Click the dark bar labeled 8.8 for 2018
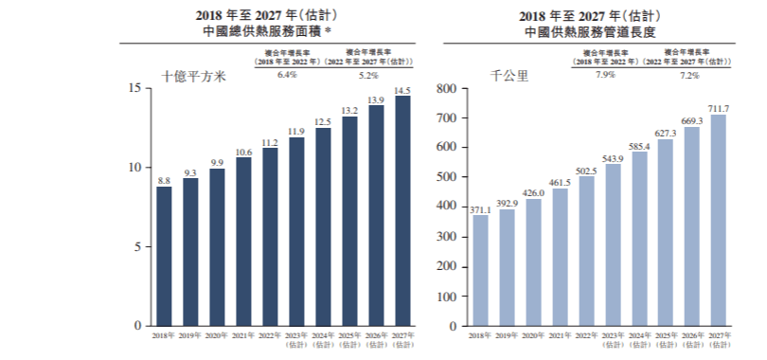(165, 256)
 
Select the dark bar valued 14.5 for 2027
(402, 210)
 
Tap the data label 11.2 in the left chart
(270, 143)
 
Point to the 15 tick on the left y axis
(134, 88)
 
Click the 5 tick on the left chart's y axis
(137, 247)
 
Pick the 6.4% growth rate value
(287, 74)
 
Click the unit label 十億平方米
(193, 78)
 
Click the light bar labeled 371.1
(481, 271)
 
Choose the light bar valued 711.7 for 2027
(719, 221)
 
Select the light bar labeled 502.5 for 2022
(586, 251)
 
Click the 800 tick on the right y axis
(446, 89)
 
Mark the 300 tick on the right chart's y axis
(446, 237)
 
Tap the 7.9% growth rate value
(604, 74)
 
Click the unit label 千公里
(508, 78)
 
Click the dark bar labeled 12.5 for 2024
(323, 226)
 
